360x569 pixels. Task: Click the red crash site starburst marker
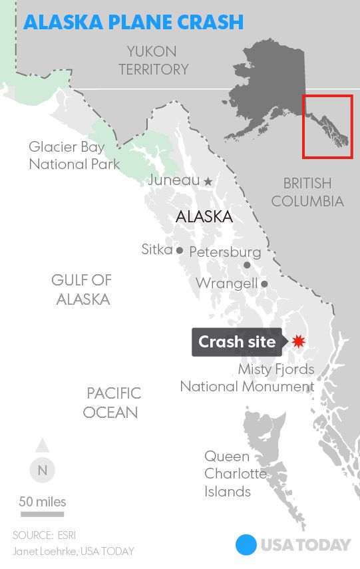(x=297, y=341)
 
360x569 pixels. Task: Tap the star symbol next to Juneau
(x=208, y=181)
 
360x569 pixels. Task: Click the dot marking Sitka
(x=179, y=250)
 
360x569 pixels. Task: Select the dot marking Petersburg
(x=247, y=265)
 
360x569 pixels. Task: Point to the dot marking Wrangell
(x=264, y=284)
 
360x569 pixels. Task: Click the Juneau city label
(x=174, y=180)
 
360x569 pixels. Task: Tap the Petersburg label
(x=225, y=252)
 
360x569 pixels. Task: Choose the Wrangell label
(x=226, y=284)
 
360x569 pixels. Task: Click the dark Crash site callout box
(x=237, y=342)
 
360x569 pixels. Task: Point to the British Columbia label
(x=307, y=192)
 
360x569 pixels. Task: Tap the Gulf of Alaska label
(x=83, y=289)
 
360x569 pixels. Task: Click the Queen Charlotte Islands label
(x=228, y=474)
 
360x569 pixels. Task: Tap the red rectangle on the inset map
(x=327, y=126)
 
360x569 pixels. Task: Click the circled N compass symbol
(x=43, y=470)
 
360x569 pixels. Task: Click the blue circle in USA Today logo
(x=246, y=545)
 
